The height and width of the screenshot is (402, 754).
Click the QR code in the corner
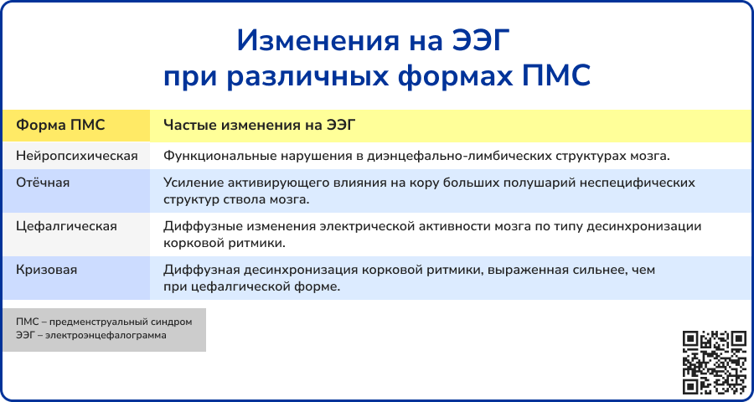click(x=715, y=362)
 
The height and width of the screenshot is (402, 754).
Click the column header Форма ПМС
click(x=61, y=125)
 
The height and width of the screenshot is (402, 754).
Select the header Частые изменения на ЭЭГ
click(x=260, y=125)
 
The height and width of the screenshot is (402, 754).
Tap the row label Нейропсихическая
click(x=76, y=156)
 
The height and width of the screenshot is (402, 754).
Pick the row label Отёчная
click(x=42, y=182)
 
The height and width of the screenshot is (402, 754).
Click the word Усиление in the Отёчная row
click(x=192, y=182)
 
